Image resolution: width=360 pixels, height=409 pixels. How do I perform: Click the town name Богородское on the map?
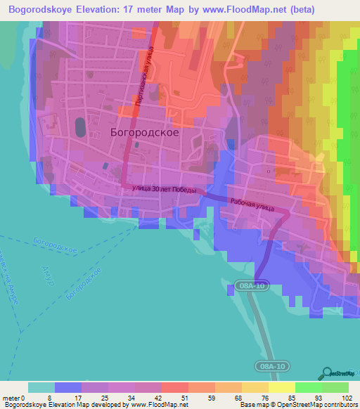(144, 131)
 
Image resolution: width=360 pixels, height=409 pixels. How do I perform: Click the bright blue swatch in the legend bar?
(68, 387)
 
